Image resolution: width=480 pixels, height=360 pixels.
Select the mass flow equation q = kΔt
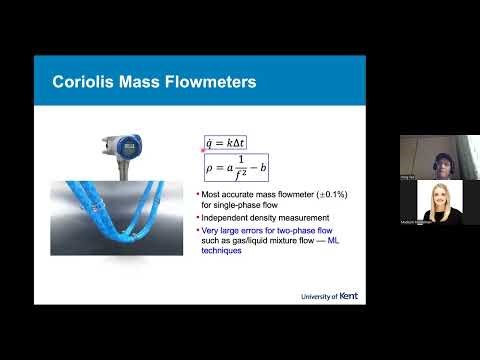click(231, 143)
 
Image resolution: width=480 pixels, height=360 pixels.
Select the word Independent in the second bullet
click(232, 215)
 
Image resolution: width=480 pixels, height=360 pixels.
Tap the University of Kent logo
click(329, 297)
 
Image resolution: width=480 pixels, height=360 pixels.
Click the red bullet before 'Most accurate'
click(200, 190)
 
